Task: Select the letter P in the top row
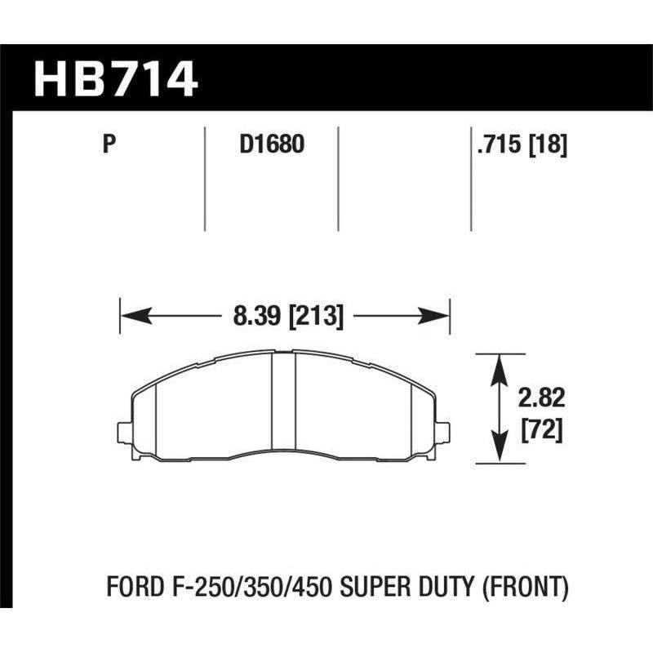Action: click(x=108, y=146)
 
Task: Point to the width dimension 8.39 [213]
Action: click(x=286, y=315)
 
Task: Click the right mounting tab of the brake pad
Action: click(x=444, y=430)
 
